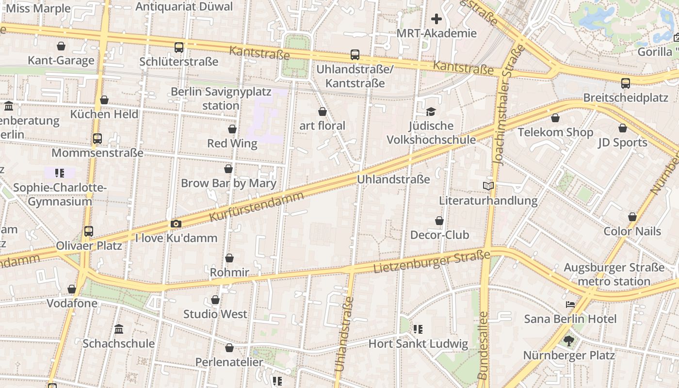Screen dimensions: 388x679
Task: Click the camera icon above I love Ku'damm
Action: pyautogui.click(x=176, y=224)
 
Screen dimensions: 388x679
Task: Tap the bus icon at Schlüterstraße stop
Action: pyautogui.click(x=179, y=48)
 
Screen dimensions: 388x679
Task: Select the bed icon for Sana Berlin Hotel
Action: pyautogui.click(x=570, y=305)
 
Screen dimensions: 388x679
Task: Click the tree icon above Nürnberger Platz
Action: pyautogui.click(x=569, y=341)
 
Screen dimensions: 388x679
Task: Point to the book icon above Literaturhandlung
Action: pyautogui.click(x=488, y=186)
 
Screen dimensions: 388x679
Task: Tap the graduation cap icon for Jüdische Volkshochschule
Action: pyautogui.click(x=431, y=112)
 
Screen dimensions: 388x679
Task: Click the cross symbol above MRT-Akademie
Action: pyautogui.click(x=436, y=19)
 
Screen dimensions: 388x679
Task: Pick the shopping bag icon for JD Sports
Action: pyautogui.click(x=623, y=128)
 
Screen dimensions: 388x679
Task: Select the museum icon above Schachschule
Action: pyautogui.click(x=119, y=329)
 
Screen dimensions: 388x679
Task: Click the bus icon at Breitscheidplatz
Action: pyautogui.click(x=626, y=83)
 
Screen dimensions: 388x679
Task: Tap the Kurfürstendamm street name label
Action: pyautogui.click(x=257, y=207)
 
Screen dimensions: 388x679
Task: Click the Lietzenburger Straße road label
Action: pyautogui.click(x=432, y=262)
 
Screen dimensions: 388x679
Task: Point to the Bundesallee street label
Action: pyautogui.click(x=483, y=345)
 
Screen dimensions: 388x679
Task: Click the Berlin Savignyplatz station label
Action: pyautogui.click(x=205, y=98)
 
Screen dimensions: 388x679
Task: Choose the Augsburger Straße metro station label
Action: pyautogui.click(x=614, y=275)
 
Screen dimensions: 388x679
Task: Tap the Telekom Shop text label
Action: pyautogui.click(x=555, y=132)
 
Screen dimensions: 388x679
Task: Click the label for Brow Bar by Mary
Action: pyautogui.click(x=228, y=183)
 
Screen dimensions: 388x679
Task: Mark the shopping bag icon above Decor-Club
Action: pyautogui.click(x=439, y=221)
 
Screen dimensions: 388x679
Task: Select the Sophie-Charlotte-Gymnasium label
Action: pyautogui.click(x=60, y=194)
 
